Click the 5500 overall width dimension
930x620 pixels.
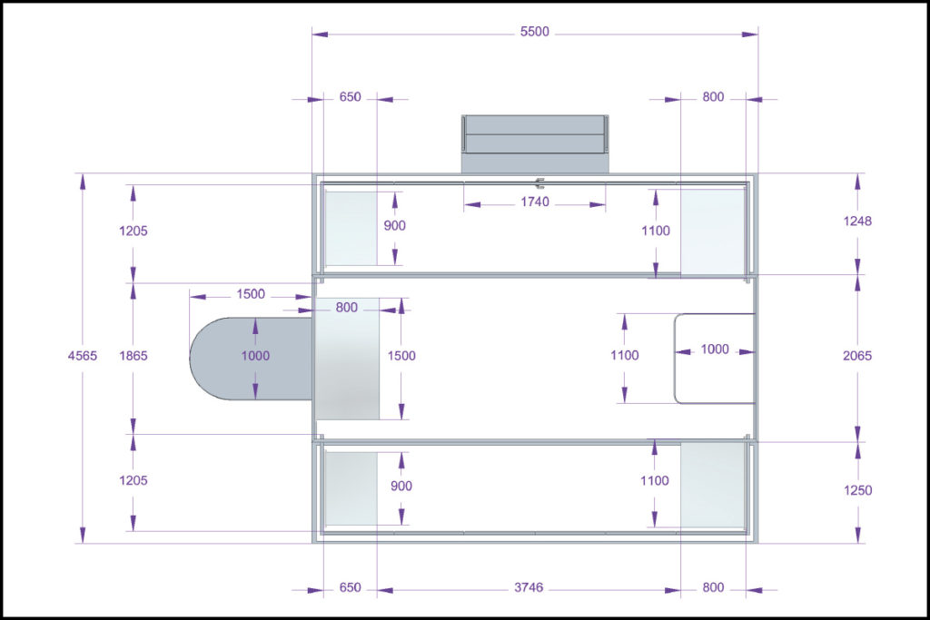coord(534,32)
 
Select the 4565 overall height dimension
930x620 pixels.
coord(83,356)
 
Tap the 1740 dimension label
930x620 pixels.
coord(534,202)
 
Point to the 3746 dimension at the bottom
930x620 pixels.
coord(529,587)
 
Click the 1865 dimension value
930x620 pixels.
coord(133,356)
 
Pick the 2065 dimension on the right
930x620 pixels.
coord(857,356)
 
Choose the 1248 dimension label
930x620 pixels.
coord(857,221)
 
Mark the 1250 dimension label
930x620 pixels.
coord(857,490)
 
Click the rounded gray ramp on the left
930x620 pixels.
coord(251,359)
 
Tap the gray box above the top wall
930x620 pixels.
coord(536,144)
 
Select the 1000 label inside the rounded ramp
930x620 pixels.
coord(255,356)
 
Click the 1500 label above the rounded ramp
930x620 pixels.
coord(251,294)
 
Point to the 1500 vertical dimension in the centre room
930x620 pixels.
coord(401,356)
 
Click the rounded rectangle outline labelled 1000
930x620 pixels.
coord(675,359)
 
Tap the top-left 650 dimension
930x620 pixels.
coord(350,97)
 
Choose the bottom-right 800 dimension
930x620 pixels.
coord(713,587)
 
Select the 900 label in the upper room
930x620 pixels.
coord(394,226)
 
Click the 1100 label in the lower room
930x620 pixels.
coord(654,481)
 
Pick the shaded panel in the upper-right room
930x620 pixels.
coord(712,232)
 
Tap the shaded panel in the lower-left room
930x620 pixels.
coord(351,488)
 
